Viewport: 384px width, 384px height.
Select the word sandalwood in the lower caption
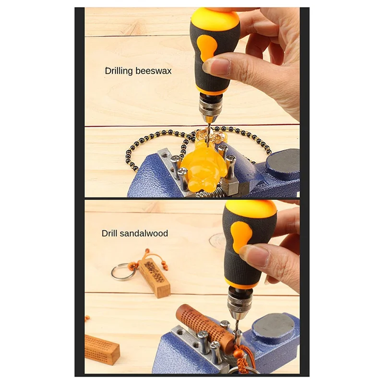point(144,234)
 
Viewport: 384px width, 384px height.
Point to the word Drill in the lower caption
point(109,234)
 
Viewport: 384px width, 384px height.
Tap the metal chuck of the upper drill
point(210,108)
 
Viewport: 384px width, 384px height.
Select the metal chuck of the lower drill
point(240,302)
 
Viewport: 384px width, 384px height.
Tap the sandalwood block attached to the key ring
point(154,277)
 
